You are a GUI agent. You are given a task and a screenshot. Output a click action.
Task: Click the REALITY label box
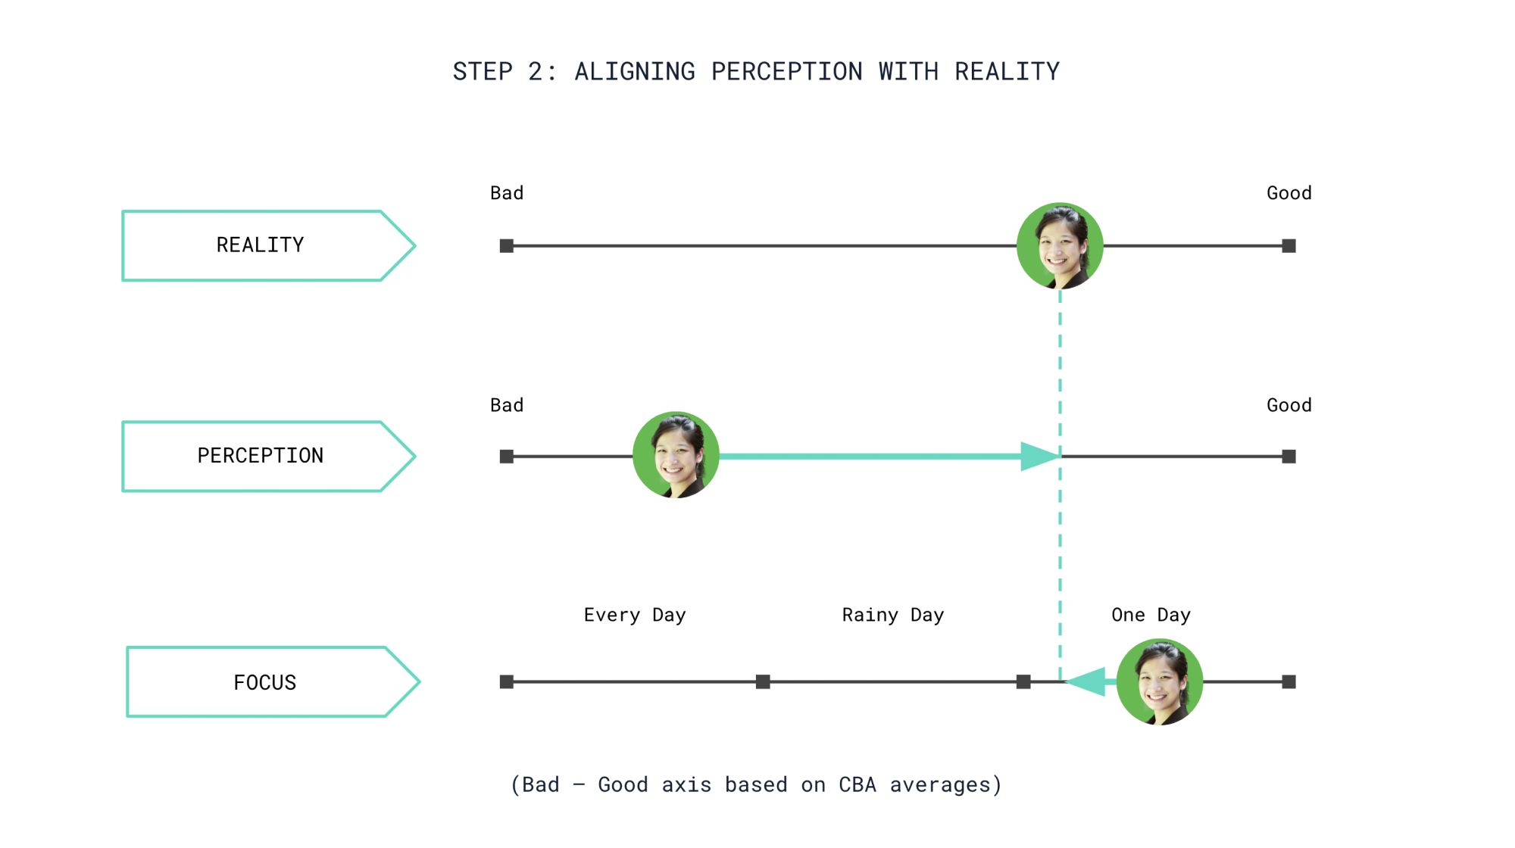pos(260,245)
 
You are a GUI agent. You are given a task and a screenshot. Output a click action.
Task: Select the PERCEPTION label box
pos(260,456)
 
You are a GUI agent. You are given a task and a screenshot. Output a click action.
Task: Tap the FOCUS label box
pos(264,682)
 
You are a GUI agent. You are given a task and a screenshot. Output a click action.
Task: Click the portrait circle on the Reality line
pos(1060,246)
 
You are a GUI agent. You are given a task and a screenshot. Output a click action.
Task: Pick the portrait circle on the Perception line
pos(676,455)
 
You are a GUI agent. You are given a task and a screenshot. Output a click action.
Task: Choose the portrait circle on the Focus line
pos(1159,681)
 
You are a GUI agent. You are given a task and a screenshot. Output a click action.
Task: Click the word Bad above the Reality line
pos(507,193)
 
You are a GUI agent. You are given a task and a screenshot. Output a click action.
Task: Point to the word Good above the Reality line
pos(1289,193)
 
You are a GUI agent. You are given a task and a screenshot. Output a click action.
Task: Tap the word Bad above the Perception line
pos(507,405)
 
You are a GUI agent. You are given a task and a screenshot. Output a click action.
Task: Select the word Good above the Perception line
pos(1289,405)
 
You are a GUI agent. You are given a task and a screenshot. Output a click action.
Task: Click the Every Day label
pos(635,615)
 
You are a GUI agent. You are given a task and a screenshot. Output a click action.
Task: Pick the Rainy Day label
pos(892,615)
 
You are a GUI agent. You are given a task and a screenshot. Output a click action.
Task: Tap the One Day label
pos(1151,615)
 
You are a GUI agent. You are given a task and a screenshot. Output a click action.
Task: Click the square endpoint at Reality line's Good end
pos(1289,246)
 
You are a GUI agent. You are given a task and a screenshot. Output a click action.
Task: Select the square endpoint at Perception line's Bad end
pos(507,457)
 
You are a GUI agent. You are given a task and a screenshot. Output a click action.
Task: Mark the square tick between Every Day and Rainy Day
pos(763,682)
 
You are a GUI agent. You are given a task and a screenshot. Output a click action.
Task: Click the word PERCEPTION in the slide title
pos(786,72)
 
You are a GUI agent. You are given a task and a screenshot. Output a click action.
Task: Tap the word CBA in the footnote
pos(857,785)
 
